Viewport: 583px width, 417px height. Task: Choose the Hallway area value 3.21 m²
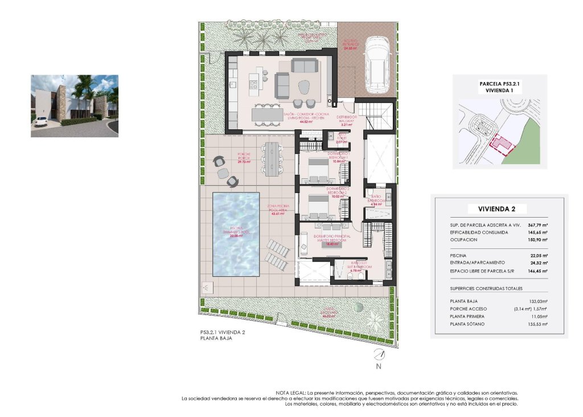pyautogui.click(x=348, y=124)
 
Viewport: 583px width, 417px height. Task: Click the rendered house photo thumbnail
pyautogui.click(x=75, y=106)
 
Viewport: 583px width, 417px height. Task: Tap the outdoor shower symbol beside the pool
pyautogui.click(x=206, y=288)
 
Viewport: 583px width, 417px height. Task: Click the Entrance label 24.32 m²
pyautogui.click(x=350, y=45)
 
